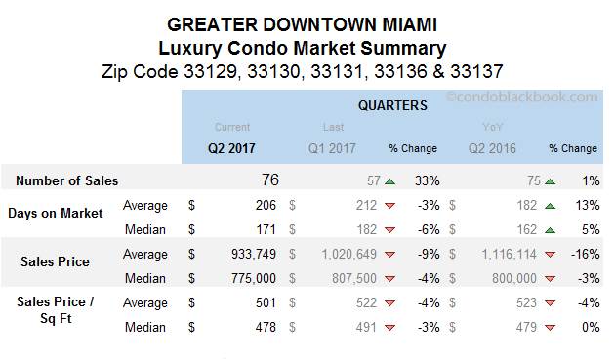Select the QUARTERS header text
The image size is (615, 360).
pyautogui.click(x=390, y=105)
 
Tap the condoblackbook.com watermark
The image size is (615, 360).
pyautogui.click(x=522, y=97)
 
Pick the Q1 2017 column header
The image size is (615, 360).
pyautogui.click(x=333, y=149)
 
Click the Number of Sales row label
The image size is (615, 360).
pyautogui.click(x=67, y=180)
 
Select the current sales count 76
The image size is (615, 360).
pyautogui.click(x=270, y=180)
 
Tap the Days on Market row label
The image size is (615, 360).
pyautogui.click(x=56, y=213)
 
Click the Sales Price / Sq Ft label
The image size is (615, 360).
pyautogui.click(x=56, y=310)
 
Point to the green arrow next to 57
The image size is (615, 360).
pyautogui.click(x=389, y=181)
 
